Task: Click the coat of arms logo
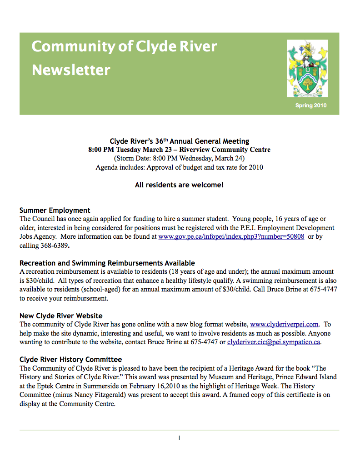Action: pyautogui.click(x=307, y=68)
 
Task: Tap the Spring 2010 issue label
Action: pyautogui.click(x=311, y=105)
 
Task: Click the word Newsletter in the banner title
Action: pyautogui.click(x=71, y=70)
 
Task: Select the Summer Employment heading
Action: pyautogui.click(x=55, y=210)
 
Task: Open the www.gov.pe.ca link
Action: pyautogui.click(x=231, y=236)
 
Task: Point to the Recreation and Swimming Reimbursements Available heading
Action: pyautogui.click(x=107, y=263)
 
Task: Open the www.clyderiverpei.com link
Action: pyautogui.click(x=284, y=324)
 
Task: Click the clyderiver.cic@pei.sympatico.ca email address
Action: pyautogui.click(x=274, y=341)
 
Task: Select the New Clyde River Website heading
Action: pyautogui.click(x=61, y=316)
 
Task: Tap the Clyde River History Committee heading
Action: pyautogui.click(x=70, y=359)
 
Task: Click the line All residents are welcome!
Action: pyautogui.click(x=179, y=185)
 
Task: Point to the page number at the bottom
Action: pyautogui.click(x=180, y=438)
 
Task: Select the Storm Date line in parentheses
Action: pyautogui.click(x=179, y=158)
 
